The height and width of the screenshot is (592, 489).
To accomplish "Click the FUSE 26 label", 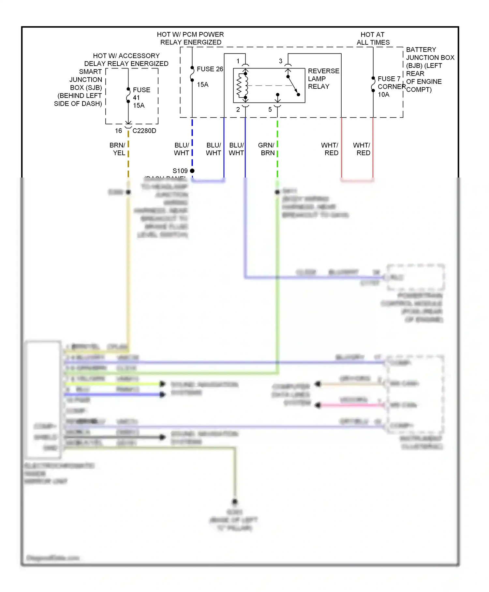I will click(x=210, y=69).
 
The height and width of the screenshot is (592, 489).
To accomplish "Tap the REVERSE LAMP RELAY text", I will click(x=323, y=79).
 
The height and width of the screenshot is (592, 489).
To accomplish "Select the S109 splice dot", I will click(x=192, y=171).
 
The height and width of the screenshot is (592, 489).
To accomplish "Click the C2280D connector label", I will click(x=144, y=131).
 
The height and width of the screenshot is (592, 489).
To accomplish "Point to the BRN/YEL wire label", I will click(x=118, y=149).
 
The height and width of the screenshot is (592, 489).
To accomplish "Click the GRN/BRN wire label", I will click(x=267, y=149).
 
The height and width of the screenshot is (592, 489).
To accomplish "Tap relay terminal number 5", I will click(x=270, y=110).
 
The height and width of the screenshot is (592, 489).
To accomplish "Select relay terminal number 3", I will click(x=280, y=61).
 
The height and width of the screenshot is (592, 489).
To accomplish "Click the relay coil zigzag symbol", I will click(x=242, y=86).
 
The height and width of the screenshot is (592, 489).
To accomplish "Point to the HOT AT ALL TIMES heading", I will click(x=373, y=39).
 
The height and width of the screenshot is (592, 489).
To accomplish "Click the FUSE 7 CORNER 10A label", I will click(x=390, y=86).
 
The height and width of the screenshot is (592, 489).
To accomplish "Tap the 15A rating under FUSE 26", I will click(x=202, y=85).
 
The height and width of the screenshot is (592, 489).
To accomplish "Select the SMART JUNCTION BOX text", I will click(x=85, y=80).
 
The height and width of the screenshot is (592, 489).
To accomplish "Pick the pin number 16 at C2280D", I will click(x=118, y=131).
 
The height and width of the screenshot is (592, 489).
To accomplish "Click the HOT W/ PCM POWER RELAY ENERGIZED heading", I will click(x=190, y=39).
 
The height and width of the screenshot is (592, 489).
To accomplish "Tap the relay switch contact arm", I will click(x=293, y=86).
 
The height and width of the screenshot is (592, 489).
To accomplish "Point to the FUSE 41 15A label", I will click(x=141, y=97).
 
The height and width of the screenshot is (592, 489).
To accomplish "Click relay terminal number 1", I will click(x=238, y=61).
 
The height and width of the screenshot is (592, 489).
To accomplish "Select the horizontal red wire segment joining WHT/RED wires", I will click(x=357, y=180).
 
